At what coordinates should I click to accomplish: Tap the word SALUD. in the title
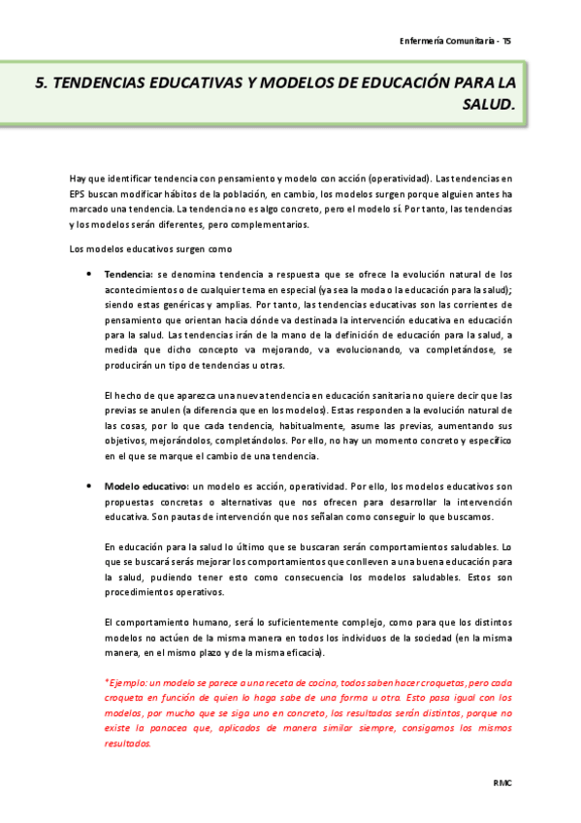point(491,104)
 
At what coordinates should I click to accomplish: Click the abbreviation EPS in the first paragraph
point(78,194)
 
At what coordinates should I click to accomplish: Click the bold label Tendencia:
point(128,275)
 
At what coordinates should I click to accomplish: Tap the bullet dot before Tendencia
point(89,275)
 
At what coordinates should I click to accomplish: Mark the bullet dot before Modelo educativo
point(89,485)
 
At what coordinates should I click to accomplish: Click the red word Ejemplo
point(125,683)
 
